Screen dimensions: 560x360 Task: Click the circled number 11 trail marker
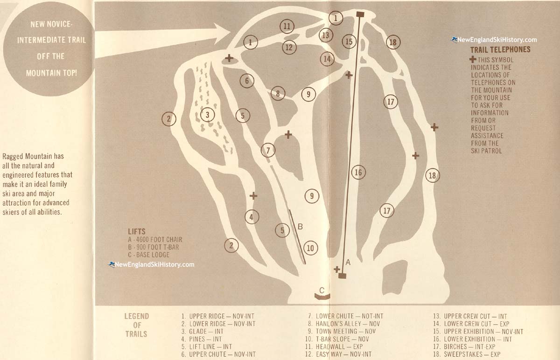287,27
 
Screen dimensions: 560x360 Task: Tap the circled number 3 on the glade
207,115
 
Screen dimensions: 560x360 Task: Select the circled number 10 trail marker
310,248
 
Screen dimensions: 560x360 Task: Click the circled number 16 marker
358,173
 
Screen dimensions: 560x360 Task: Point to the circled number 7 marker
268,151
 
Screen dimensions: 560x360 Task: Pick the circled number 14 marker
327,59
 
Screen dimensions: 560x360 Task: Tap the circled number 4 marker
252,217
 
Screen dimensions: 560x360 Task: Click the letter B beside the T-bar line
300,227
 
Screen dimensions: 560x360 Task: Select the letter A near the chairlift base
348,263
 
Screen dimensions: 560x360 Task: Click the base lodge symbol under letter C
322,297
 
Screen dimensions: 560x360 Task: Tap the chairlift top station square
360,14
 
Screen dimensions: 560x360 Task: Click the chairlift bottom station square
342,276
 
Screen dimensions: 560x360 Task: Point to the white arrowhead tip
230,32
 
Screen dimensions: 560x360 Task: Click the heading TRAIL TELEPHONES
500,50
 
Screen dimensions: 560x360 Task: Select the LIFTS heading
136,231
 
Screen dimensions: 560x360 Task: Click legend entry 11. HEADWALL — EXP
334,347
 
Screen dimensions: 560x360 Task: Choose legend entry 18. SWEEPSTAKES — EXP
467,354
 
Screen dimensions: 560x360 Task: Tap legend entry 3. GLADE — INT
202,332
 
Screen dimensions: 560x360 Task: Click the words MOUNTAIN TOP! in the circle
51,73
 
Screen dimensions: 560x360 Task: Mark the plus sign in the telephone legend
473,59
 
